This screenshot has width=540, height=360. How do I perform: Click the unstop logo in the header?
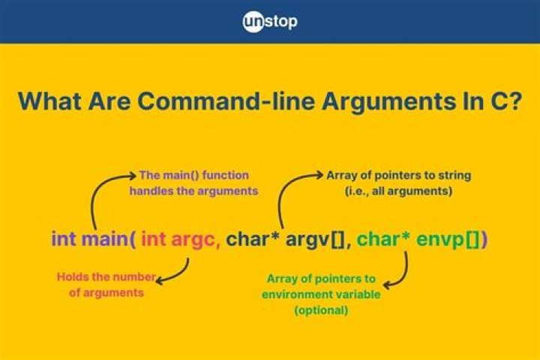click(x=270, y=21)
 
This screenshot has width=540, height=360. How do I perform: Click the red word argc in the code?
click(x=196, y=240)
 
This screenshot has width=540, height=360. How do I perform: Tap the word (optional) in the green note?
click(x=320, y=310)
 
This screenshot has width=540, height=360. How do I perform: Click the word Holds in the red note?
click(x=72, y=277)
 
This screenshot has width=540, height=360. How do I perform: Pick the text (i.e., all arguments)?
click(x=398, y=190)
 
